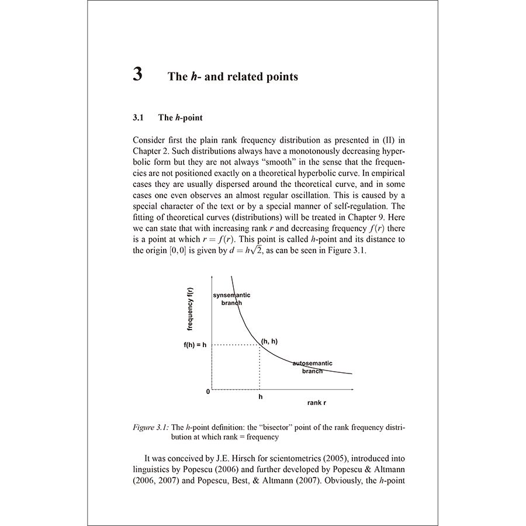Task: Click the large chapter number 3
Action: click(x=137, y=75)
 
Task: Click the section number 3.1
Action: click(x=138, y=118)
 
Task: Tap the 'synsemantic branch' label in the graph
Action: click(x=231, y=299)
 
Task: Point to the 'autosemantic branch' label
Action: click(x=312, y=367)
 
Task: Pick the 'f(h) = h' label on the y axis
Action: click(x=195, y=345)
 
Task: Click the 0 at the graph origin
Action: click(x=207, y=392)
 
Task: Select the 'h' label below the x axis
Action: click(x=260, y=397)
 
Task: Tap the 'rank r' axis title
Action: click(x=317, y=403)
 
